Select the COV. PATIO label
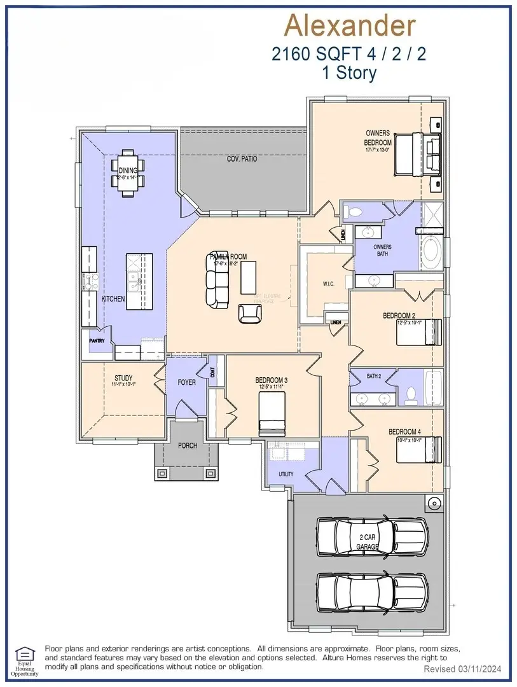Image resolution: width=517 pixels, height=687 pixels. [242, 158]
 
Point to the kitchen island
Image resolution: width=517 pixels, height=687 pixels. [139, 281]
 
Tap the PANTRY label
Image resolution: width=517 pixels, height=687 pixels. [97, 341]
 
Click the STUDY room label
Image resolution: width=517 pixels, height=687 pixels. [123, 378]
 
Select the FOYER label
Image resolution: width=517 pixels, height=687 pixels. [186, 382]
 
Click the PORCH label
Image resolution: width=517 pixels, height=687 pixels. [187, 445]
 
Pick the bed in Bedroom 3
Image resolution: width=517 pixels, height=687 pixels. [273, 413]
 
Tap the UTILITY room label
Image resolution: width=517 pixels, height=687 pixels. [286, 474]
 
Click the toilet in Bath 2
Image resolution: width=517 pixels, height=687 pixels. [410, 394]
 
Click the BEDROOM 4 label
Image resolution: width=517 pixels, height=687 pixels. [404, 432]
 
